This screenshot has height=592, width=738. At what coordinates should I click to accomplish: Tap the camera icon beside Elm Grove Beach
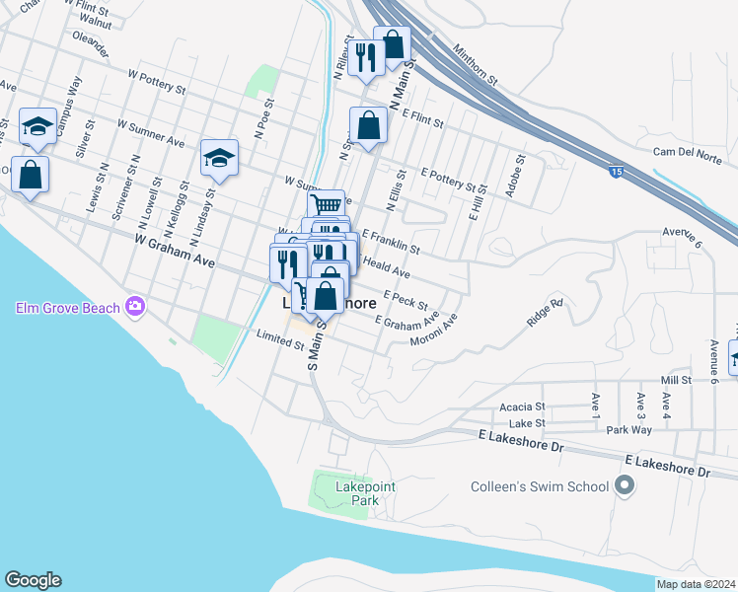[x=135, y=308]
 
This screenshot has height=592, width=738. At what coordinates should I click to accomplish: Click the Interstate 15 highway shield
[x=616, y=171]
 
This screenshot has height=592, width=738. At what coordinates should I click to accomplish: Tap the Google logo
[x=33, y=580]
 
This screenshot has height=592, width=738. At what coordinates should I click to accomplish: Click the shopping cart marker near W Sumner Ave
[x=326, y=204]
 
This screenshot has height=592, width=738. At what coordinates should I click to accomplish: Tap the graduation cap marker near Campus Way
[x=37, y=125]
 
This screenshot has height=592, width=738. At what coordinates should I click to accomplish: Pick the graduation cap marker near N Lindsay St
[x=219, y=156]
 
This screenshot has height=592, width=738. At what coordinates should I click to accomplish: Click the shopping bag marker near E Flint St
[x=368, y=125]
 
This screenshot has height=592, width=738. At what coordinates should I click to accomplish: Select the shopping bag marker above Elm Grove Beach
[x=31, y=174]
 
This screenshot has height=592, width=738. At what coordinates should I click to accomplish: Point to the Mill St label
[x=677, y=380]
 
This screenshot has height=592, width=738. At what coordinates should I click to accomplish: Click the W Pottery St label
[x=157, y=81]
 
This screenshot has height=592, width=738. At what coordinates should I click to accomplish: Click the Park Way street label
[x=628, y=430]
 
